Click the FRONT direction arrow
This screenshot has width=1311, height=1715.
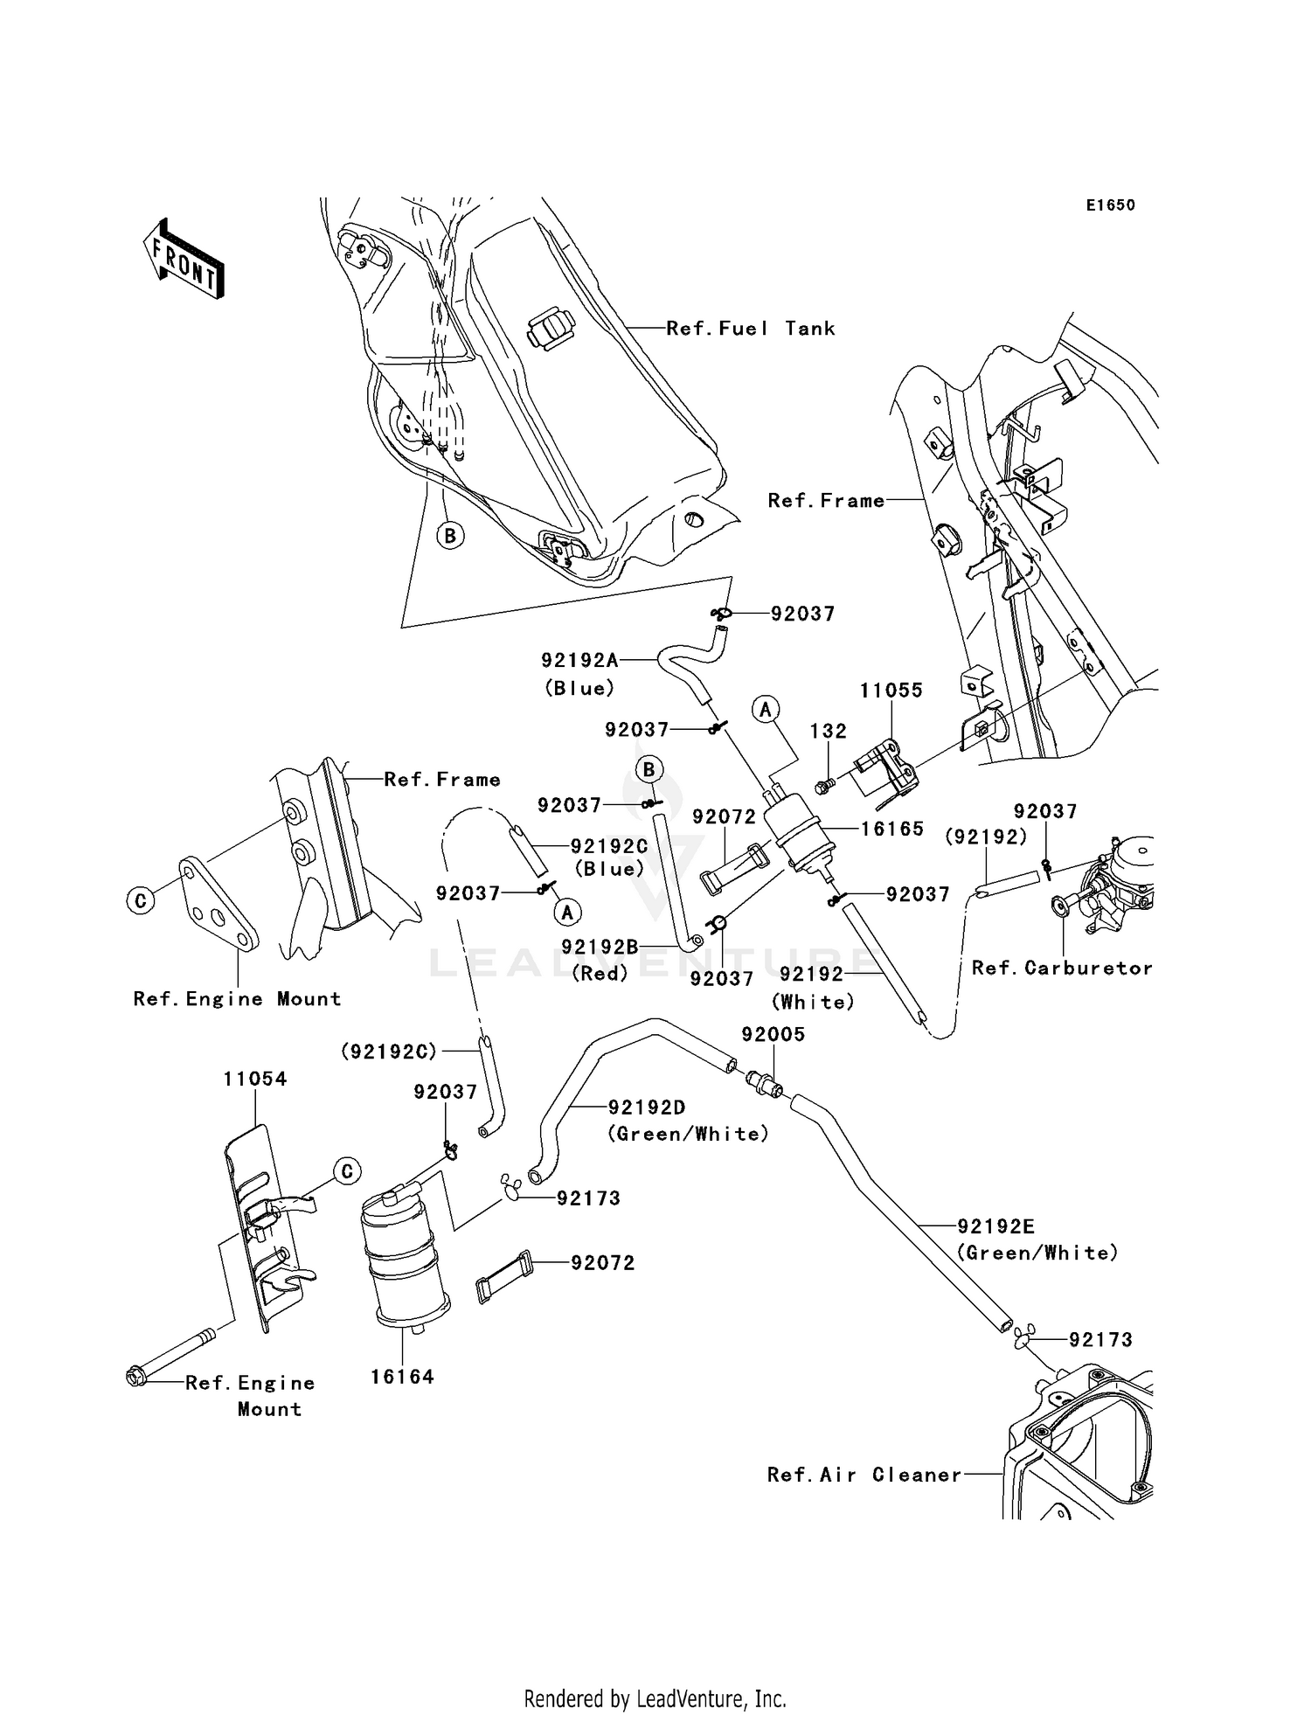[x=184, y=260]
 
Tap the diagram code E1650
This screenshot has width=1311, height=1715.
[x=1110, y=205]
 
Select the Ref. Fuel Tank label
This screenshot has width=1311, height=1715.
[x=750, y=329]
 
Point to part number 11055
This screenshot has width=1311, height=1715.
[x=891, y=690]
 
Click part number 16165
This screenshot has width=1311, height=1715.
[x=891, y=829]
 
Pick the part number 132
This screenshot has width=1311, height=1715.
[x=828, y=731]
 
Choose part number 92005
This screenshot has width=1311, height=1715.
[x=773, y=1034]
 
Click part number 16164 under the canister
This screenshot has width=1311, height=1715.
[x=402, y=1377]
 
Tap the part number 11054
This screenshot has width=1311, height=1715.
[x=254, y=1079]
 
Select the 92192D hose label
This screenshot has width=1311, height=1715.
[x=647, y=1107]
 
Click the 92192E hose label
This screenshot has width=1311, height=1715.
[x=995, y=1226]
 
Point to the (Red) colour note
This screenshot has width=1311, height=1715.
[x=600, y=973]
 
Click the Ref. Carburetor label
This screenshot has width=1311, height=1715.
[x=1062, y=968]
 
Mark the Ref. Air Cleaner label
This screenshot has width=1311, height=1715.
[x=864, y=1475]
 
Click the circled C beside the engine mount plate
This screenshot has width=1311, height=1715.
[x=142, y=899]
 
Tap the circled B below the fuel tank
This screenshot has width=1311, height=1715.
[x=450, y=535]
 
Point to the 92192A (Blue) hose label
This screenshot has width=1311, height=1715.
[x=579, y=661]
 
